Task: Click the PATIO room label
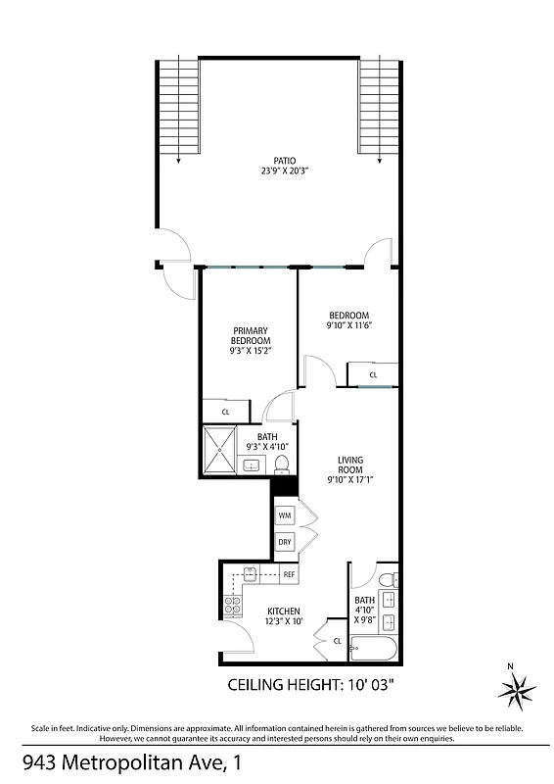(x=284, y=160)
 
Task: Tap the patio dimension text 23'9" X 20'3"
(x=284, y=171)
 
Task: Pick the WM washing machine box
(x=285, y=514)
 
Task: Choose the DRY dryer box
(x=285, y=542)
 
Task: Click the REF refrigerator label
(x=289, y=574)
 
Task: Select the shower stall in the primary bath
(x=220, y=451)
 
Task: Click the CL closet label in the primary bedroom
(x=225, y=412)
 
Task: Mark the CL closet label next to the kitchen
(x=337, y=641)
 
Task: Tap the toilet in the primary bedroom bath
(x=282, y=462)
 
